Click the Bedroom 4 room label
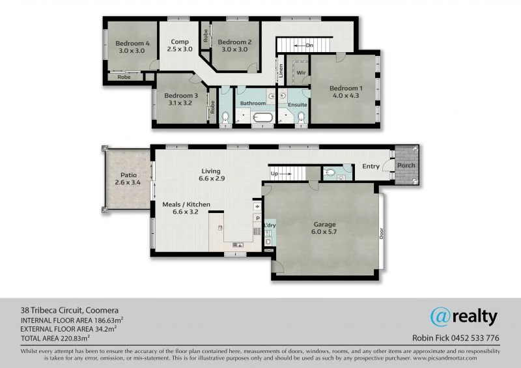pyautogui.click(x=134, y=43)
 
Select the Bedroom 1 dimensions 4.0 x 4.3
pyautogui.click(x=344, y=96)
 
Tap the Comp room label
pyautogui.click(x=180, y=42)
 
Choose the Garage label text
pyautogui.click(x=323, y=225)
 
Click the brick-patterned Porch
pyautogui.click(x=406, y=166)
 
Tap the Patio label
pyautogui.click(x=128, y=175)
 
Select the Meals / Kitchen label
pyautogui.click(x=186, y=205)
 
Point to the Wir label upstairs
pyautogui.click(x=302, y=73)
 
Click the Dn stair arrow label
pyautogui.click(x=309, y=46)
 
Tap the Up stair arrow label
pyautogui.click(x=274, y=174)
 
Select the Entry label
pyautogui.click(x=371, y=166)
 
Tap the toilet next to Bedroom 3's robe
pyautogui.click(x=225, y=118)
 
